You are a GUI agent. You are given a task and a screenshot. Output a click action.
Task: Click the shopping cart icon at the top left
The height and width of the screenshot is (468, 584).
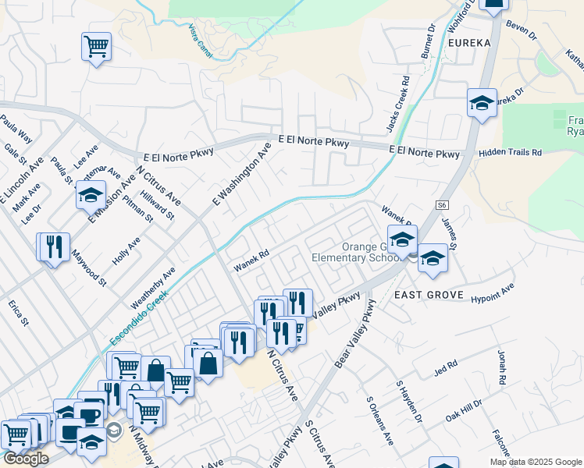(96, 47)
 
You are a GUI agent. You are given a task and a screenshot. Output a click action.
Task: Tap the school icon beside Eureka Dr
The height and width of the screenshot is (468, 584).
(482, 103)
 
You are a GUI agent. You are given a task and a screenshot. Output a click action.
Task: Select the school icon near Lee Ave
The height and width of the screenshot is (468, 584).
(91, 194)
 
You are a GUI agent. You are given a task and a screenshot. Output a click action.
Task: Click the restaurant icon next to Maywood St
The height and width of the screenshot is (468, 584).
(53, 246)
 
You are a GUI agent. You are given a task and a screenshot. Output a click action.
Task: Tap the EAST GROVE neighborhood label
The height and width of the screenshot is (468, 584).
(429, 296)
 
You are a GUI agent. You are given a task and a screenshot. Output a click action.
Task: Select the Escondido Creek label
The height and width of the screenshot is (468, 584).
(139, 319)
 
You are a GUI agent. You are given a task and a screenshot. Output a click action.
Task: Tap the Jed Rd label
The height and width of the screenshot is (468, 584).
(446, 366)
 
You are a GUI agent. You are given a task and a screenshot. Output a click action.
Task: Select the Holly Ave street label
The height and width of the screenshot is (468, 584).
(126, 250)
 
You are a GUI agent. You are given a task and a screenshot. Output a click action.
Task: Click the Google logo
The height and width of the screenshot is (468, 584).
(26, 459)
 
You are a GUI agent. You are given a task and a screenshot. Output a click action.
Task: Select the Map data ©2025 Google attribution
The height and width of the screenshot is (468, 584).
(535, 462)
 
